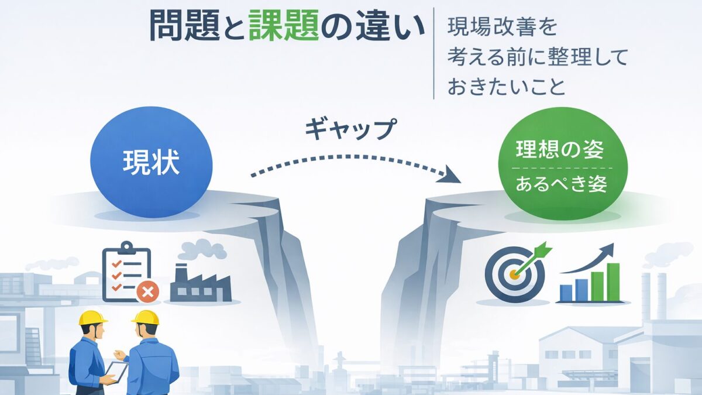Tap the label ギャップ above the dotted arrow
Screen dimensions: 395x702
coord(349,129)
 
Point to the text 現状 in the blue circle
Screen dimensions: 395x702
coord(152,162)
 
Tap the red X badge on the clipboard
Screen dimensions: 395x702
coord(147,291)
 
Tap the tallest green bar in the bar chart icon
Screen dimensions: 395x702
coord(612,281)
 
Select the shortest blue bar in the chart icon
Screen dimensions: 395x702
coord(566,293)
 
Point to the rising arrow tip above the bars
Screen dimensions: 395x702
coord(610,249)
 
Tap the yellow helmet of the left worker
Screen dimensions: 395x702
coord(92,317)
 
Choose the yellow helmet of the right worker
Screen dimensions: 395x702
coord(145,317)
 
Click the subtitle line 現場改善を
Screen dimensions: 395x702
coord(503,28)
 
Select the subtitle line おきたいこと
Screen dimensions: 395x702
coord(507,87)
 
